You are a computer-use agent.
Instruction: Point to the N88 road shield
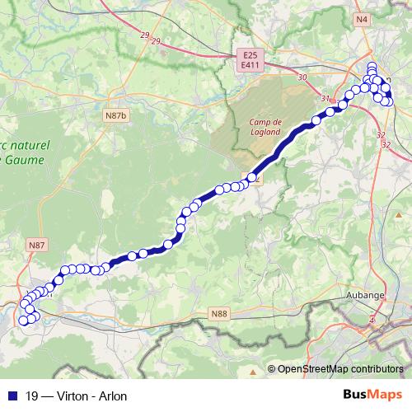click(218, 314)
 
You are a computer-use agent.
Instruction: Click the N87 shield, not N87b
click(35, 246)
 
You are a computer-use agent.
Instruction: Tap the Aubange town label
click(372, 294)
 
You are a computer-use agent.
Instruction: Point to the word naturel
click(28, 144)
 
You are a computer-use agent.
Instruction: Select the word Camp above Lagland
click(260, 121)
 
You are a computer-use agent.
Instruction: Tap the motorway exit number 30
click(303, 77)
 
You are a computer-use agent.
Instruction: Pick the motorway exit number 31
click(325, 100)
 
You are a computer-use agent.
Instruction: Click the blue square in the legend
click(11, 396)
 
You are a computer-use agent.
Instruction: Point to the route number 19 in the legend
click(32, 396)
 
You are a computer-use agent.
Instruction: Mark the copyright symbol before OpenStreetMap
click(272, 368)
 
